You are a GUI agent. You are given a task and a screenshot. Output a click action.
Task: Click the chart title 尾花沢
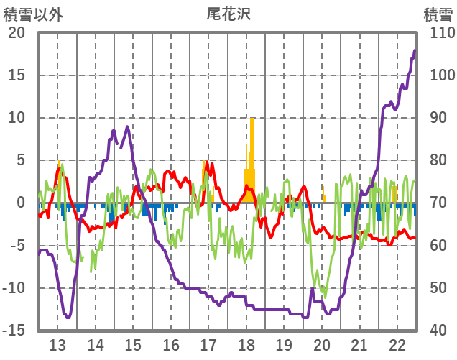pos(228,14)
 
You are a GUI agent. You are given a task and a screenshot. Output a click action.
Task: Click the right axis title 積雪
pos(438,14)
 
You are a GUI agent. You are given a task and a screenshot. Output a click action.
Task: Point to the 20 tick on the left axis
pos(17,33)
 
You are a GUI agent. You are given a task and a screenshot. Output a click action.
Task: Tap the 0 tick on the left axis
pos(21,203)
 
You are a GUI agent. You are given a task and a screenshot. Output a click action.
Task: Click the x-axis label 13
pos(57,344)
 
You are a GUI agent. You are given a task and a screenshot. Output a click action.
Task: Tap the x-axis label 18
pos(246,344)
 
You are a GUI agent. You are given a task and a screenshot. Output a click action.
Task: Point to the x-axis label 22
pos(397,344)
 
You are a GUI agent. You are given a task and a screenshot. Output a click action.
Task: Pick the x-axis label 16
pos(171,344)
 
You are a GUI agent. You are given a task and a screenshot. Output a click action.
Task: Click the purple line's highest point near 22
pos(415,50)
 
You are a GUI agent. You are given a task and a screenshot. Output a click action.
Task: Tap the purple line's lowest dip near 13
pos(68,317)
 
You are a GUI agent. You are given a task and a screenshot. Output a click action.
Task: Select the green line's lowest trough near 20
pos(325,296)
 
